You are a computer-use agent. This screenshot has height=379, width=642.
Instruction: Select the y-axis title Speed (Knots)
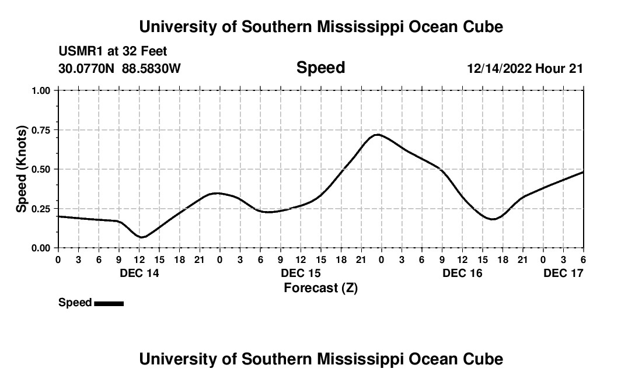click(x=22, y=169)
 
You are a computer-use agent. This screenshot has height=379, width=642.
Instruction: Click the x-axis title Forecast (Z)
click(x=320, y=287)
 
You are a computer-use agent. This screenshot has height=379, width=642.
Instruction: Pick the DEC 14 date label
click(x=139, y=273)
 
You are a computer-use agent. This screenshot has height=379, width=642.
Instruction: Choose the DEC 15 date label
click(x=301, y=273)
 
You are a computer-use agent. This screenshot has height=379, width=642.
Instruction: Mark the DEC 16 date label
click(x=462, y=273)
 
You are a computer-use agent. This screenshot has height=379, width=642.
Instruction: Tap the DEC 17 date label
click(x=563, y=273)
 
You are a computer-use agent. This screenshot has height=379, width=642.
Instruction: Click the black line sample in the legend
click(x=109, y=303)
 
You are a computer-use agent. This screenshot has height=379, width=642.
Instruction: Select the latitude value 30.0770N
click(x=87, y=68)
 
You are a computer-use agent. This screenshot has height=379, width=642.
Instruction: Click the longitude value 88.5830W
click(x=151, y=68)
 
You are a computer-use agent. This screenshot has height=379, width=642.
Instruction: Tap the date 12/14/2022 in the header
click(x=499, y=68)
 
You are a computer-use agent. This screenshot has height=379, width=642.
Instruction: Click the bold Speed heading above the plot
click(x=320, y=68)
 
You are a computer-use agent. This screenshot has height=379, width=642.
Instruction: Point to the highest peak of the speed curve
click(x=378, y=135)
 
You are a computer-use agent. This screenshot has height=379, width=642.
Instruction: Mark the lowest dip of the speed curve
click(x=141, y=237)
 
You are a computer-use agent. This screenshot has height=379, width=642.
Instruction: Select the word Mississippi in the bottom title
click(x=349, y=359)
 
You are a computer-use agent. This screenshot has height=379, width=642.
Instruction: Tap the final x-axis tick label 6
click(x=583, y=259)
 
